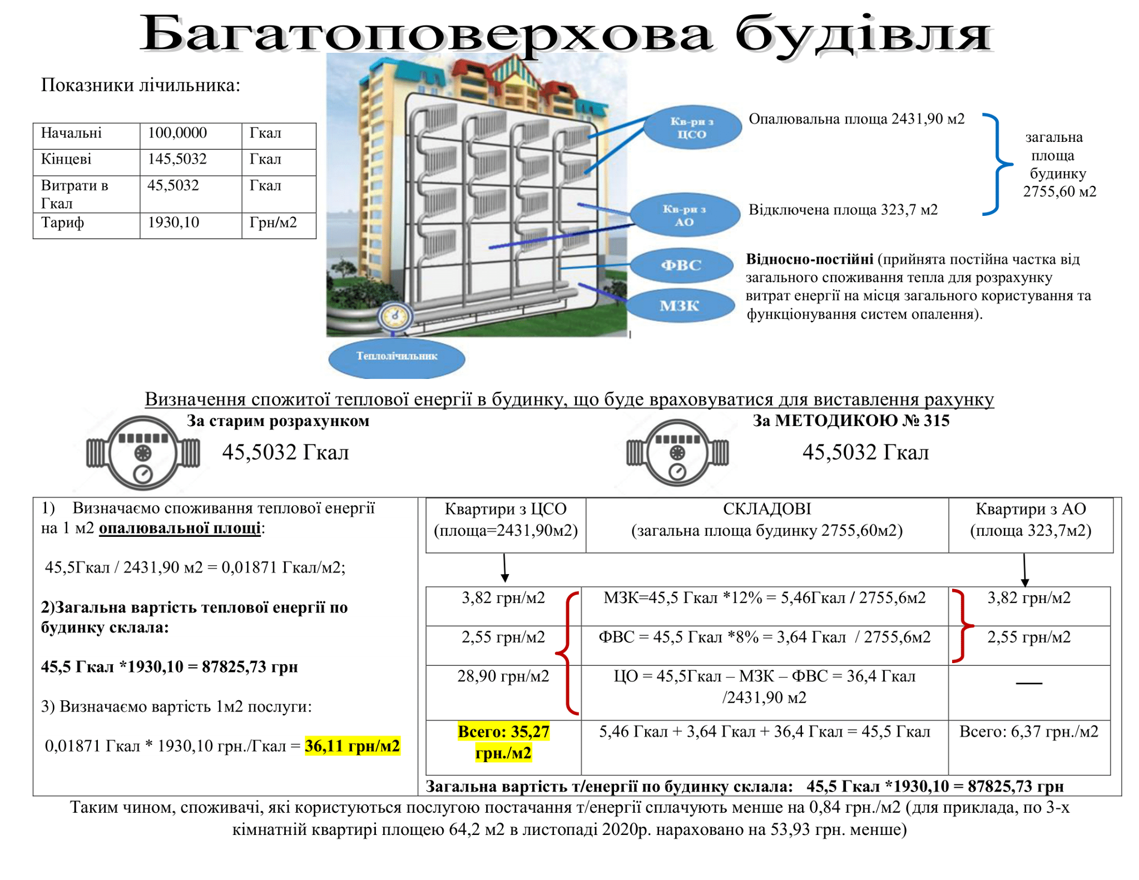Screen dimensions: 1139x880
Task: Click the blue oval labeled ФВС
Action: pos(681,265)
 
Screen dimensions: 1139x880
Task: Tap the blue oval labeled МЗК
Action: pos(680,305)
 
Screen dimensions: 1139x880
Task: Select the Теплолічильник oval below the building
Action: pos(397,356)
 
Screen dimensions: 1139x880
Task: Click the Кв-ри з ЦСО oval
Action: pos(692,127)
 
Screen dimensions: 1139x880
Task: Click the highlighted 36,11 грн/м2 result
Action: pos(353,745)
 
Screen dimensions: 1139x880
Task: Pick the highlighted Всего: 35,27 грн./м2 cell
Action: pos(503,742)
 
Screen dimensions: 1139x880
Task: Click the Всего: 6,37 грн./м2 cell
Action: pos(1029,731)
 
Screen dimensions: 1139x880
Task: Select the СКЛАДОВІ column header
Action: pos(767,508)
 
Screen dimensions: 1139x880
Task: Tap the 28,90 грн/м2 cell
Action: pos(503,676)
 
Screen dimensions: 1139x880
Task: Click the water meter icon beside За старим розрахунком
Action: pos(143,452)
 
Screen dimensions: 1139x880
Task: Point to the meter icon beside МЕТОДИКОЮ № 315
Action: pos(677,452)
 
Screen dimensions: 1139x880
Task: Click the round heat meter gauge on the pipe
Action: pos(395,317)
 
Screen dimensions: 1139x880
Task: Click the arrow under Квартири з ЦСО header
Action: pos(505,568)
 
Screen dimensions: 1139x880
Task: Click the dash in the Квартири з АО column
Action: pos(1029,683)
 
